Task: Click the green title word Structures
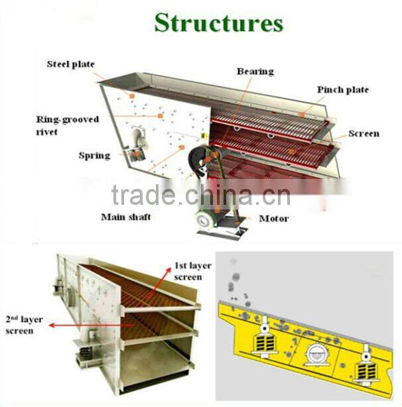[218, 22]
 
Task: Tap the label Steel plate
[70, 64]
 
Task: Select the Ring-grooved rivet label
[67, 125]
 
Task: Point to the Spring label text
[94, 156]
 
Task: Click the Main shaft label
[125, 217]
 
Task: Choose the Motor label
[273, 218]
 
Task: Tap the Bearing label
[255, 71]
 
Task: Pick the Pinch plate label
[342, 90]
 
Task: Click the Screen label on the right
[364, 133]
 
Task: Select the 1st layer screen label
[192, 271]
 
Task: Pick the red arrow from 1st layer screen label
[160, 284]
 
